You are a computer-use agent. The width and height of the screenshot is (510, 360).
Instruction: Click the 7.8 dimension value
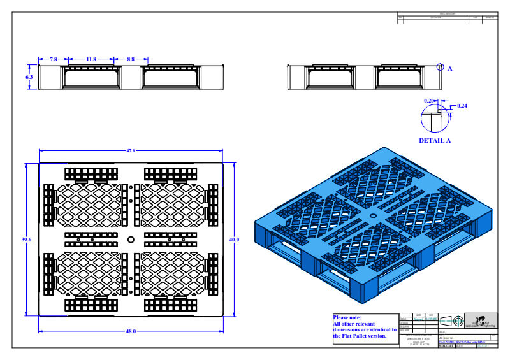[x=53, y=59]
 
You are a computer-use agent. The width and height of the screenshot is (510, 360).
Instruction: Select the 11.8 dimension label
[x=91, y=59]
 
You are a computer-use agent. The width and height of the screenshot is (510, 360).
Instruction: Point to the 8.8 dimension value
[x=131, y=59]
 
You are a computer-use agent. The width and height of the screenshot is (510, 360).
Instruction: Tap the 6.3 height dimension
[x=29, y=76]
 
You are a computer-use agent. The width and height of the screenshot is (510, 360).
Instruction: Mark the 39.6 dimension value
[x=26, y=240]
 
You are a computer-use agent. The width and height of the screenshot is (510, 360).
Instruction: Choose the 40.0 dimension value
[x=234, y=240]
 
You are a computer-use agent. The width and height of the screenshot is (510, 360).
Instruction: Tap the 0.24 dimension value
[x=462, y=105]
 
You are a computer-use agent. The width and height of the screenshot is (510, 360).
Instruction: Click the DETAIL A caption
[x=434, y=140]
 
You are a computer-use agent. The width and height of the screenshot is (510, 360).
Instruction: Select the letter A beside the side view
[x=449, y=68]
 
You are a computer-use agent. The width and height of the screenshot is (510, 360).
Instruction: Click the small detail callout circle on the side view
[x=439, y=66]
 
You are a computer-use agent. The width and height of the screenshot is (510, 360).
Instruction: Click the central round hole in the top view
[x=131, y=240]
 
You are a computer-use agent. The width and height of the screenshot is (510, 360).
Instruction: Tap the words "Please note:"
[x=347, y=317]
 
